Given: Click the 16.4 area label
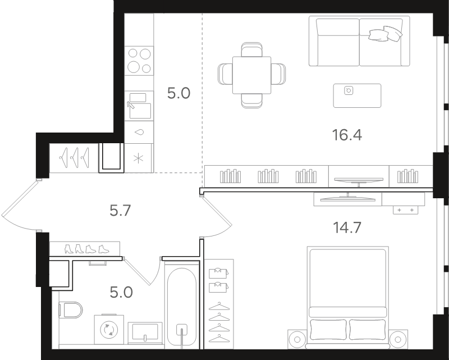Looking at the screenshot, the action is tap(347, 135).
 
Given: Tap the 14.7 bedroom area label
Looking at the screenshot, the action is tap(347, 227).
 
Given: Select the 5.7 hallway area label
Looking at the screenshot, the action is tap(120, 211).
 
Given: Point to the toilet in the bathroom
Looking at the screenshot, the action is tap(71, 309).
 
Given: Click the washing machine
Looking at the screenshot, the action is tap(109, 329).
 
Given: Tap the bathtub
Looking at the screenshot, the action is tap(182, 307).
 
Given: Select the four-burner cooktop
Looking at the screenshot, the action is tap(139, 61).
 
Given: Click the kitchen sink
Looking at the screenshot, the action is tap(139, 106).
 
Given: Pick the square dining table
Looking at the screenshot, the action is tap(251, 75).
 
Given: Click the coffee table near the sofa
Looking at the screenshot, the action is tap(357, 95).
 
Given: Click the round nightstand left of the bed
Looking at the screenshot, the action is tap(297, 339).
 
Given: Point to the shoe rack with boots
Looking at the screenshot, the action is tap(85, 249).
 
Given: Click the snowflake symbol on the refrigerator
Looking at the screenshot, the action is tap(138, 158).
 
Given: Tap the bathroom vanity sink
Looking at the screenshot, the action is tap(145, 333).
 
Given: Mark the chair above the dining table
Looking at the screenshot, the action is tap(251, 49).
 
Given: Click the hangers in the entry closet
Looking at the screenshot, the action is tap(74, 157).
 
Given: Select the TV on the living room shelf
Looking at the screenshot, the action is tap(359, 181).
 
